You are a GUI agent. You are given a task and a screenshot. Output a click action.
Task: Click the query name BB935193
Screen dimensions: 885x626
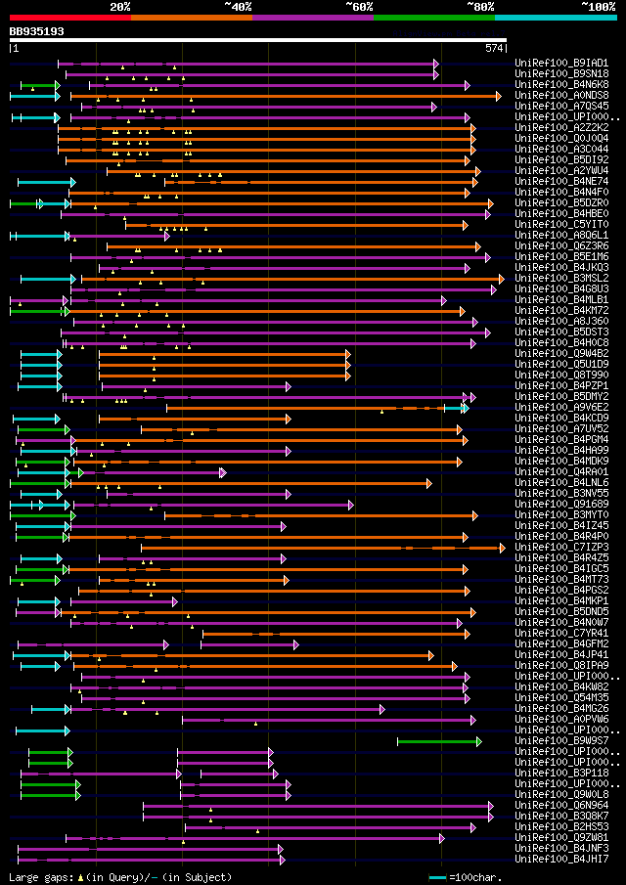click(36, 31)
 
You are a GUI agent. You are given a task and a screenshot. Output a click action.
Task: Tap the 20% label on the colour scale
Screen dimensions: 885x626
click(120, 7)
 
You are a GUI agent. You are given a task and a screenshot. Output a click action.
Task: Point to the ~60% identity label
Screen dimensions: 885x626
click(359, 7)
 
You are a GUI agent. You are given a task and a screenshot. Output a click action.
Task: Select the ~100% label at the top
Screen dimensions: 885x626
click(597, 7)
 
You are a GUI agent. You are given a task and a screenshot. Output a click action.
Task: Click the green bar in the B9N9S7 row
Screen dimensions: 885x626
click(438, 741)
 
